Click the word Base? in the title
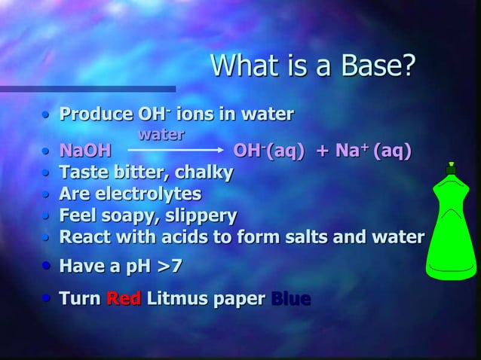[378, 67]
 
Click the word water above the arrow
[161, 135]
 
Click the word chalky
[204, 172]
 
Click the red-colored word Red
[123, 299]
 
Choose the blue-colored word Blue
[290, 299]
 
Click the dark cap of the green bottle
[451, 169]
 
